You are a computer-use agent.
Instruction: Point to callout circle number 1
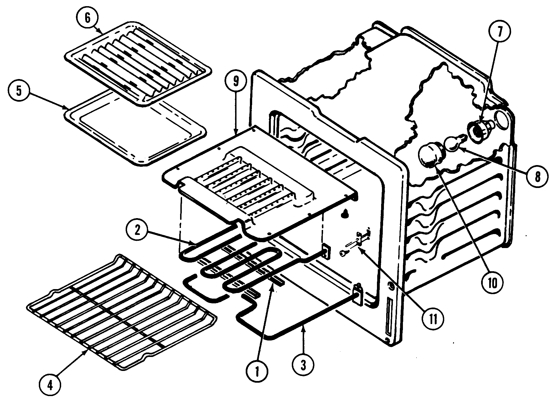pos(257,371)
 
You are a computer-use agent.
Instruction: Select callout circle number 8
pos(537,177)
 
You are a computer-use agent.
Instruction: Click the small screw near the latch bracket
pos(343,253)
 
